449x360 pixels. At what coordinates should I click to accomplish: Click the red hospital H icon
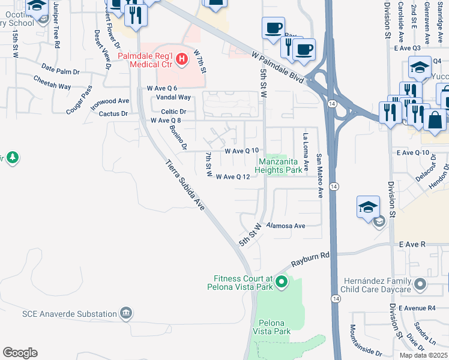(x=183, y=59)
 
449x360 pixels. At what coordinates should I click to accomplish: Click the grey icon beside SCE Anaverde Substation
(x=126, y=313)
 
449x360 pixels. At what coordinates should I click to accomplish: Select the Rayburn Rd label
(x=311, y=259)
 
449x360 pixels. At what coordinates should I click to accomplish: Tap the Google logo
(x=20, y=353)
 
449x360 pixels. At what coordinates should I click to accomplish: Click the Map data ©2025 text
(x=424, y=355)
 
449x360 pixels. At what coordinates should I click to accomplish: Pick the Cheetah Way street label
(x=52, y=82)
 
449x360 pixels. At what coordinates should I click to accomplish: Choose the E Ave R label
(x=412, y=245)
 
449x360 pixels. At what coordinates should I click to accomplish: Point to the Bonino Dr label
(x=178, y=137)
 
